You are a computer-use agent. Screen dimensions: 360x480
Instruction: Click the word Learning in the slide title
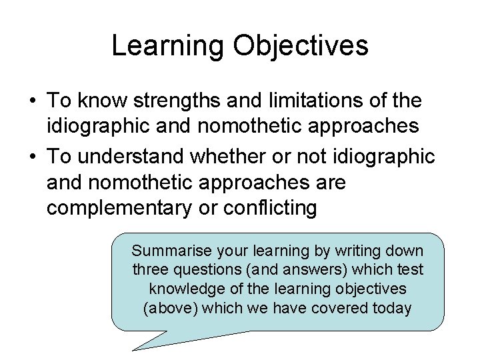[169, 47]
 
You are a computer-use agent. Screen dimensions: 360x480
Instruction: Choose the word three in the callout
[150, 270]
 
